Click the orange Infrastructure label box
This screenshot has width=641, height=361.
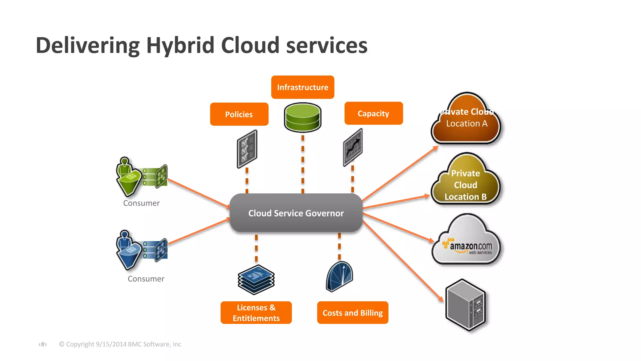(302, 87)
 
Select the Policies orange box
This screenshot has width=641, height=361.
(239, 114)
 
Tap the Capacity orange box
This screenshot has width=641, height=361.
(373, 113)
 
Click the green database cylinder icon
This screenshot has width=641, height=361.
(302, 117)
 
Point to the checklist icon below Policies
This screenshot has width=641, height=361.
(247, 149)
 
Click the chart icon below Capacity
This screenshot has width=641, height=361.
(353, 147)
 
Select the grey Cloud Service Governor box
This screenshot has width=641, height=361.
(296, 213)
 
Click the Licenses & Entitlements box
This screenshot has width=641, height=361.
(256, 312)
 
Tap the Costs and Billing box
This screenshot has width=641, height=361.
(352, 312)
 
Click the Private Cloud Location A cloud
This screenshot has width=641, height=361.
(466, 121)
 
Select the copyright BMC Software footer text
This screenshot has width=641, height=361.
(120, 344)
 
